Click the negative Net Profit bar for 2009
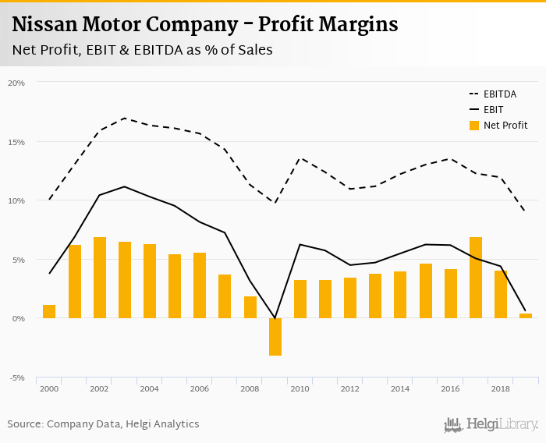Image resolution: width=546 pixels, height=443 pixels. click(275, 337)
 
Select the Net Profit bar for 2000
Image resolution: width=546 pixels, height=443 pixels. click(49, 311)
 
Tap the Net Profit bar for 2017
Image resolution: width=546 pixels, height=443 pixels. click(475, 278)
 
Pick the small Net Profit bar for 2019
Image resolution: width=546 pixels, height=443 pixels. click(525, 316)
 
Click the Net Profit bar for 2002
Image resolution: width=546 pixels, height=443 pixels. click(99, 278)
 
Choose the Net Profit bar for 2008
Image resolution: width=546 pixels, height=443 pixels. click(250, 307)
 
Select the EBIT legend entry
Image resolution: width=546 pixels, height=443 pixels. click(493, 110)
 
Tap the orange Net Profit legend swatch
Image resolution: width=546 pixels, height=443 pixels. click(473, 126)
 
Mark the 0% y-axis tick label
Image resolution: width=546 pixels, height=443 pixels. click(18, 319)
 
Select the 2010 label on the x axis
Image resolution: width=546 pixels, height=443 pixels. click(300, 388)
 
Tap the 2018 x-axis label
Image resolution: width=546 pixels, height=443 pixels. click(500, 388)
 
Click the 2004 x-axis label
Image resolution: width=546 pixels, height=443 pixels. click(149, 388)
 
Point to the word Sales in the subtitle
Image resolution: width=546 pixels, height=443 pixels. click(253, 51)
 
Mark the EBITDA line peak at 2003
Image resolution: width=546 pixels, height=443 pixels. click(124, 119)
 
